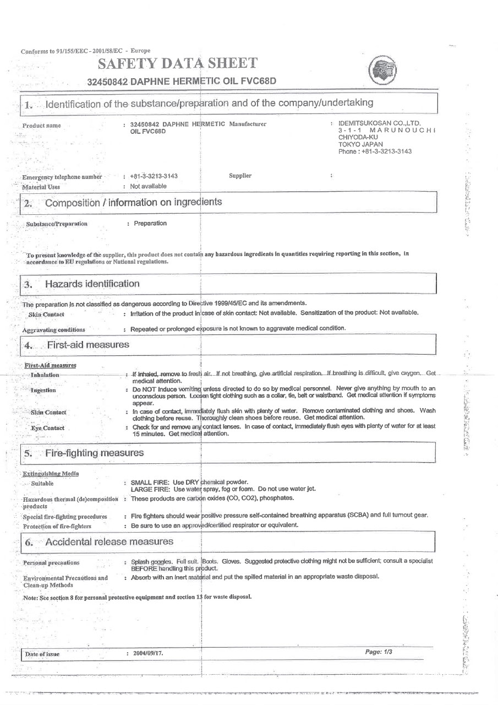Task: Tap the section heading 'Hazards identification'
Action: (92, 284)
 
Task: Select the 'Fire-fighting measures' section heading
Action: (94, 453)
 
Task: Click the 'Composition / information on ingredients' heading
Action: (133, 202)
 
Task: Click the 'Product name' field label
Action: (42, 126)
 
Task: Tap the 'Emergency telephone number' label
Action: (62, 177)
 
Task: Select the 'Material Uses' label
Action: (41, 187)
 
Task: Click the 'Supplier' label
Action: (240, 176)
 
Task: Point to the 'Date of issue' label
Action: (42, 654)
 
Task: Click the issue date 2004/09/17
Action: (147, 654)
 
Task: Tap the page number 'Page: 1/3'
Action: (379, 652)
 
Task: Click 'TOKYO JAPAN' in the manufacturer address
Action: (357, 144)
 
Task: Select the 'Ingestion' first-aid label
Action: (43, 390)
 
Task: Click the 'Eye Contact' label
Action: (47, 428)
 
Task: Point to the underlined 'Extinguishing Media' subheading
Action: (51, 473)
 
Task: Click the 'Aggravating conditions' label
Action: (54, 329)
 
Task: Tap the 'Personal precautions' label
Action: (51, 563)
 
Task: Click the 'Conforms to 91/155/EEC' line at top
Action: (85, 51)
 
